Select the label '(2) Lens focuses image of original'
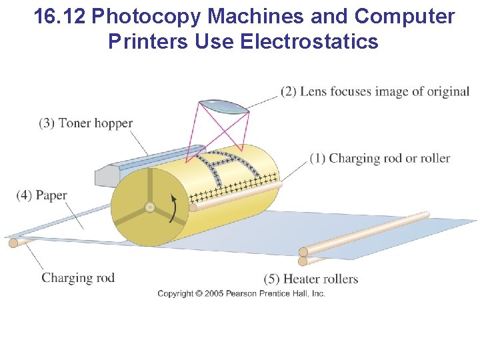375,91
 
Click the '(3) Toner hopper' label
85,123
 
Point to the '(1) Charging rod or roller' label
379,159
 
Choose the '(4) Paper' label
42,195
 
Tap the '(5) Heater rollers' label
311,279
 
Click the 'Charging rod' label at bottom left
78,278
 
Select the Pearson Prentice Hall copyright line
241,293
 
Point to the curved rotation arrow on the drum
175,209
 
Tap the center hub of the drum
150,207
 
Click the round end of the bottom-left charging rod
13,243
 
